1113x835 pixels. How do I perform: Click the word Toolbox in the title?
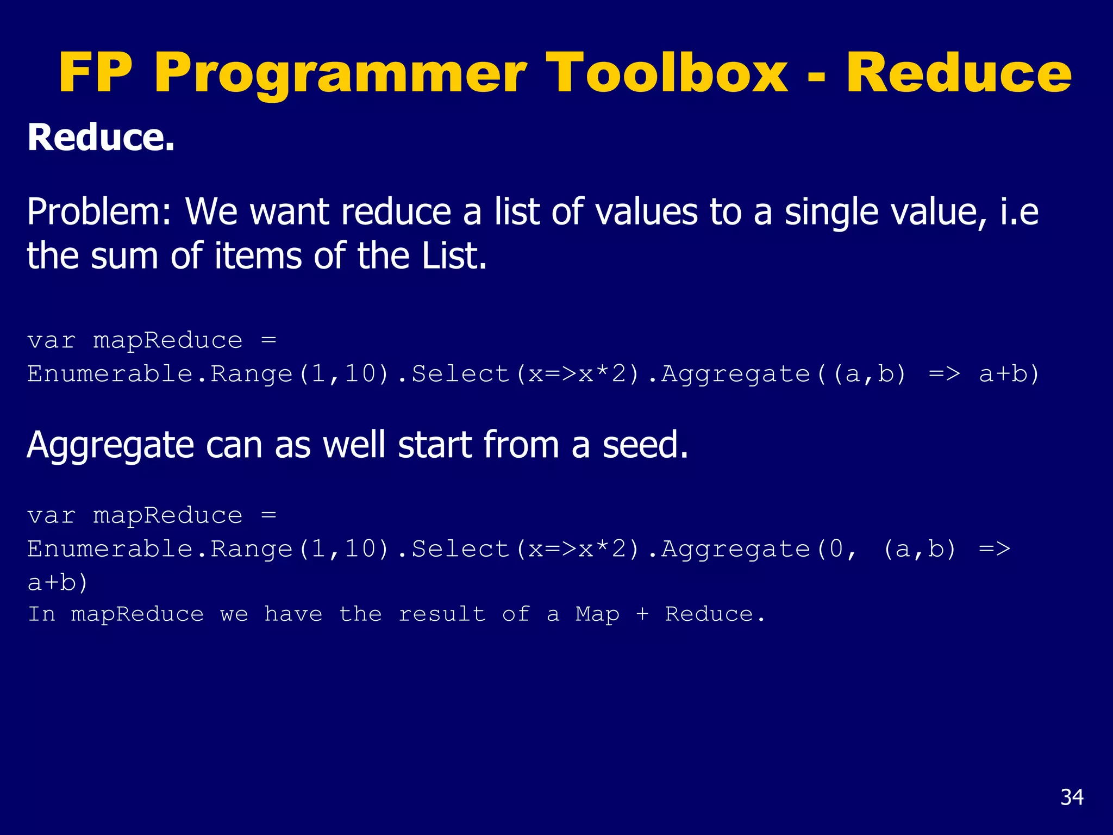pyautogui.click(x=667, y=73)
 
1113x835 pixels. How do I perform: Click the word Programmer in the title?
pyautogui.click(x=340, y=73)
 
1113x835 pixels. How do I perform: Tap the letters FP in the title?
pyautogui.click(x=96, y=73)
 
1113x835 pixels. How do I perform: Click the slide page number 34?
pyautogui.click(x=1072, y=797)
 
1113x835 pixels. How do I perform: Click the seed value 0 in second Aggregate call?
pyautogui.click(x=836, y=549)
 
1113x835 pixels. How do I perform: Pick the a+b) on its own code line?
pyautogui.click(x=58, y=583)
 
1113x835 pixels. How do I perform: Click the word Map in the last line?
pyautogui.click(x=597, y=614)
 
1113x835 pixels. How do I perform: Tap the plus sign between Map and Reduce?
pyautogui.click(x=642, y=614)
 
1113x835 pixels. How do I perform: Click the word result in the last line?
pyautogui.click(x=442, y=614)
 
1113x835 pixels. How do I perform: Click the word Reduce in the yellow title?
pyautogui.click(x=958, y=73)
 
